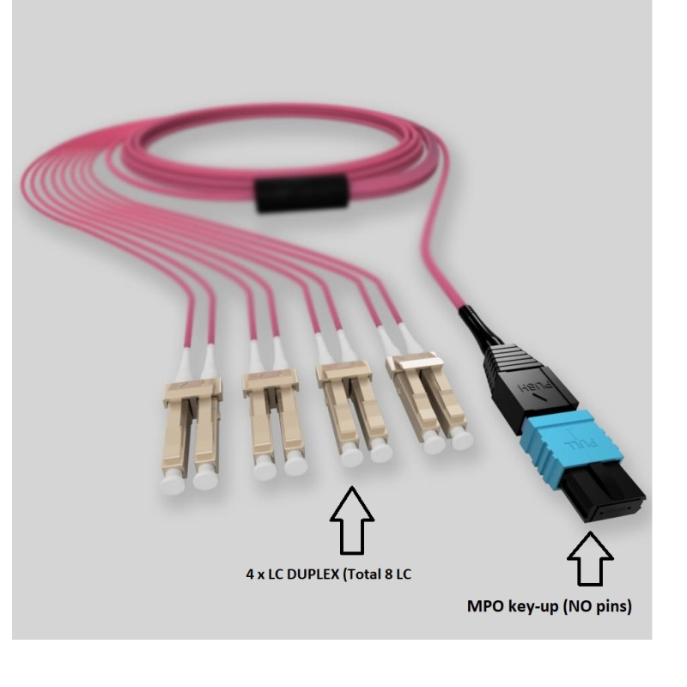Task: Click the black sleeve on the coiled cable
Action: tap(301, 194)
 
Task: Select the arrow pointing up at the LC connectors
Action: tap(352, 520)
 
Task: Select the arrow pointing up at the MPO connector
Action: tap(590, 559)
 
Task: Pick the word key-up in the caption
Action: tap(532, 608)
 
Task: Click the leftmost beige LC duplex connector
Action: tap(192, 435)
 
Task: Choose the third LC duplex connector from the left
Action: tap(355, 413)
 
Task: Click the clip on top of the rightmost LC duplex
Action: tap(414, 361)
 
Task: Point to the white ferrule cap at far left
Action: tap(173, 485)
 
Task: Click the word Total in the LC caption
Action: tap(362, 574)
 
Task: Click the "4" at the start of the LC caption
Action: tap(250, 575)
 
